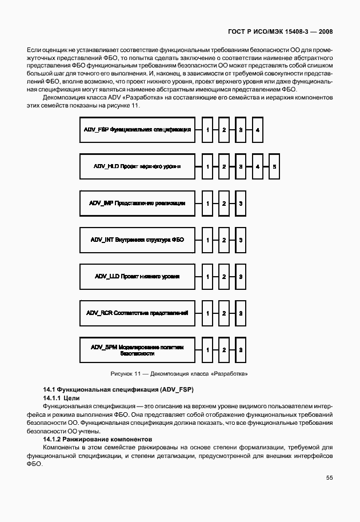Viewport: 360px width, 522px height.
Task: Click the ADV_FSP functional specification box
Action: pyautogui.click(x=137, y=130)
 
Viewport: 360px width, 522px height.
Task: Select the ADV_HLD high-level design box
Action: pyautogui.click(x=137, y=166)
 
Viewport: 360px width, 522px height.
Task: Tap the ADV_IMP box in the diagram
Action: pyautogui.click(x=137, y=203)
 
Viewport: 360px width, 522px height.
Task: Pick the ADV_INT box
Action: pyautogui.click(x=137, y=240)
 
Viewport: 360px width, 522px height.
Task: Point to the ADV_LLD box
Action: pyautogui.click(x=137, y=276)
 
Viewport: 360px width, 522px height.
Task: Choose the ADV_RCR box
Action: pyautogui.click(x=137, y=313)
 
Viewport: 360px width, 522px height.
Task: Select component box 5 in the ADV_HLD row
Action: pyautogui.click(x=274, y=166)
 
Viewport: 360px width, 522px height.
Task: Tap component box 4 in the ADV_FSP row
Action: pyautogui.click(x=258, y=130)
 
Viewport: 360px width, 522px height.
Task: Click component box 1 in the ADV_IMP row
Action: pyautogui.click(x=208, y=203)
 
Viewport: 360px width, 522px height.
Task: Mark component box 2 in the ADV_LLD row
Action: pyautogui.click(x=225, y=276)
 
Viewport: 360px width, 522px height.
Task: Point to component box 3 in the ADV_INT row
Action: pyautogui.click(x=241, y=240)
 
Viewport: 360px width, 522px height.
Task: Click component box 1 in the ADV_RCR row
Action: pyautogui.click(x=208, y=313)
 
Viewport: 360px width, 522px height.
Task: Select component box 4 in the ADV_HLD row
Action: pyautogui.click(x=258, y=166)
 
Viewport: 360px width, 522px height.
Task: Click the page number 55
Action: pyautogui.click(x=329, y=477)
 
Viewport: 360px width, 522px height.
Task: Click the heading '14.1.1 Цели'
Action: pyautogui.click(x=62, y=397)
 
